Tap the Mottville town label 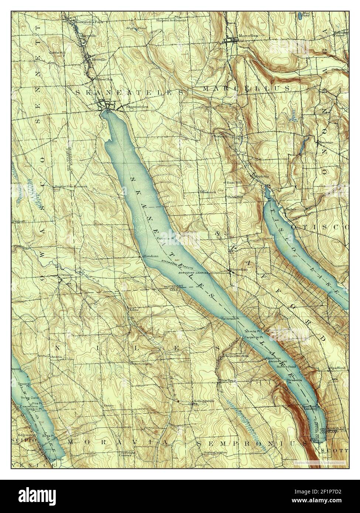[99, 59]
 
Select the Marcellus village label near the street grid [247, 36]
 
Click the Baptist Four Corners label [71, 186]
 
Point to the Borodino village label [239, 270]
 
